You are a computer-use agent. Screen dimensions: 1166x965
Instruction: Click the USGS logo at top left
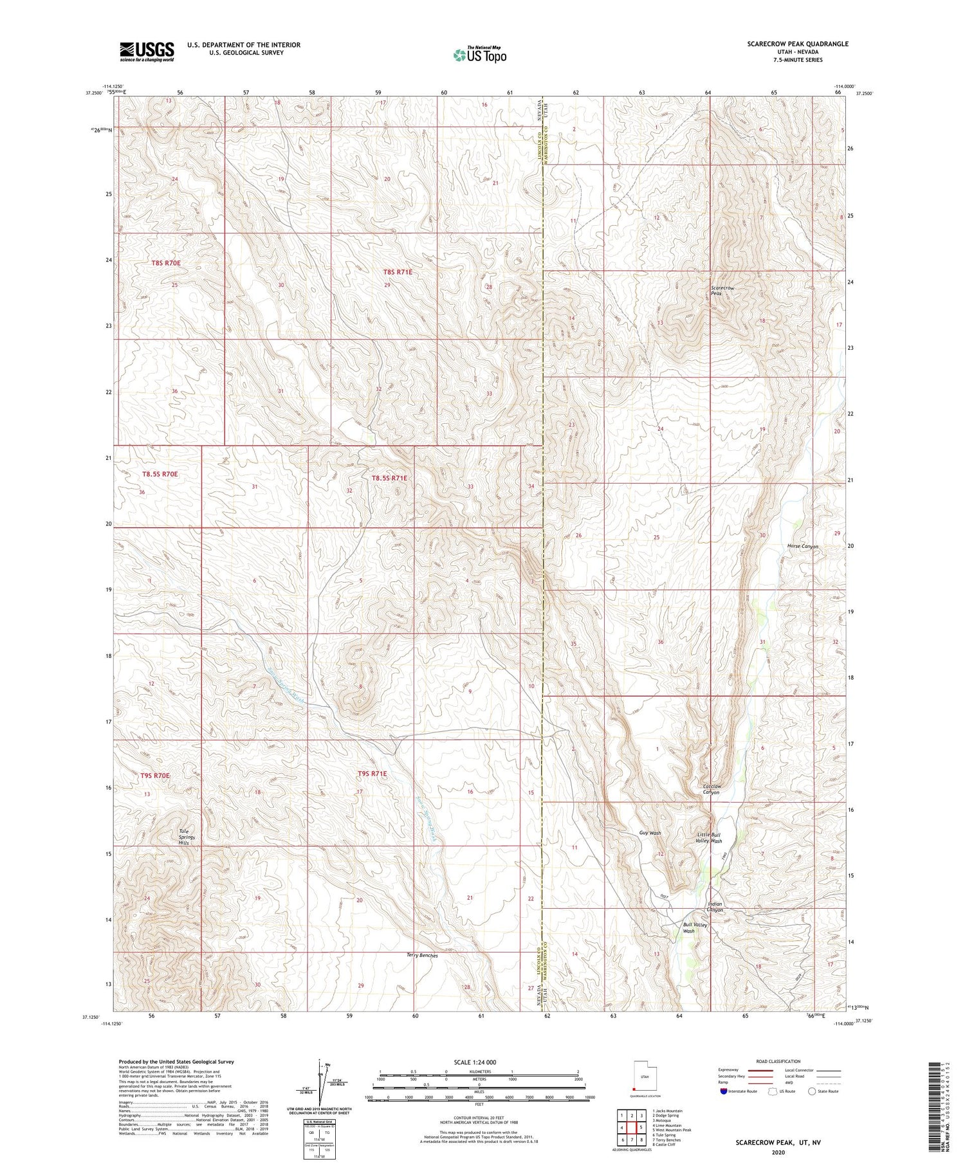[147, 51]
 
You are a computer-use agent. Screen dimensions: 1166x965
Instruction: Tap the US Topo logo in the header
[479, 55]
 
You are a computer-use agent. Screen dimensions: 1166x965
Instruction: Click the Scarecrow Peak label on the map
[722, 291]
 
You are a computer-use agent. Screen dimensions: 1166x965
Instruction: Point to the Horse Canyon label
[802, 546]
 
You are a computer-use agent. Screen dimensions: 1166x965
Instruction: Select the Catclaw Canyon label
[711, 789]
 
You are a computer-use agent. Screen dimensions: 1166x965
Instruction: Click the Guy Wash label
[650, 833]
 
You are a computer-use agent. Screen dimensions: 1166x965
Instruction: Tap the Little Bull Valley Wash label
[709, 838]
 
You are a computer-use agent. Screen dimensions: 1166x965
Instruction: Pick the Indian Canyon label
[715, 907]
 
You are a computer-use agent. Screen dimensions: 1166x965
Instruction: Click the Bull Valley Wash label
[695, 927]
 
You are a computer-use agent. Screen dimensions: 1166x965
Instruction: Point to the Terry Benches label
[422, 956]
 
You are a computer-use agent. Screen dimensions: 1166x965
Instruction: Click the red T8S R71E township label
[398, 272]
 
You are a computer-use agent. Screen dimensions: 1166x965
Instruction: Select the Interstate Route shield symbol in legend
[723, 1091]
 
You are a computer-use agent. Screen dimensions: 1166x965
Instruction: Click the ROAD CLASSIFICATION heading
[778, 1061]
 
